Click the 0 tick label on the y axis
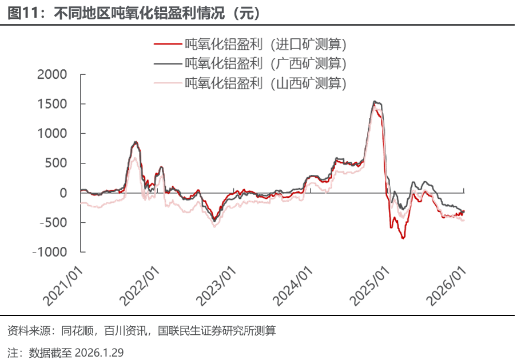(x=63, y=193)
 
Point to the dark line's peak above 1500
(x=375, y=102)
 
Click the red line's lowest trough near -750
(x=403, y=238)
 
